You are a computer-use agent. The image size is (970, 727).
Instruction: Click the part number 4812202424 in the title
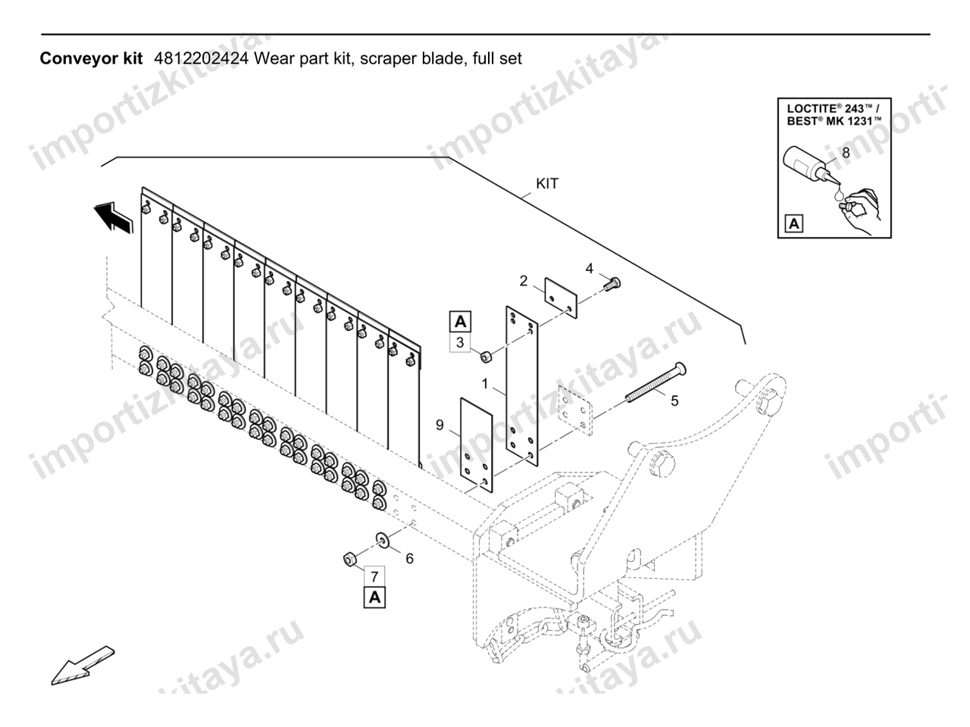201,58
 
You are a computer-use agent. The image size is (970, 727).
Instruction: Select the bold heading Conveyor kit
91,59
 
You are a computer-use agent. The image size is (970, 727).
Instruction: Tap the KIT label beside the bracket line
547,183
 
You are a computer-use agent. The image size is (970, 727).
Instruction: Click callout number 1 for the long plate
484,384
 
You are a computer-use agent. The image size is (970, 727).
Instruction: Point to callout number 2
523,281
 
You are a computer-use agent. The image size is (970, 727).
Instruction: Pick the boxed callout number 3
459,342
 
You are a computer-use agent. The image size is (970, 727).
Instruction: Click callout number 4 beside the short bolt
589,268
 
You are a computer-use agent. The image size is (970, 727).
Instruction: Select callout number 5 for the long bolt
674,401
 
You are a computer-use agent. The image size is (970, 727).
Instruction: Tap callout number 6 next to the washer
410,559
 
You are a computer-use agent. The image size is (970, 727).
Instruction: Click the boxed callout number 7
375,576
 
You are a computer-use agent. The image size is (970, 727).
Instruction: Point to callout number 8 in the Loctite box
846,153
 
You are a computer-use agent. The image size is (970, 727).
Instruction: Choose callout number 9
440,425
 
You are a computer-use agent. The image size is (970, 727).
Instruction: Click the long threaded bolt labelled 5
656,382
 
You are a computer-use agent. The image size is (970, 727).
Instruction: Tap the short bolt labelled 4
612,283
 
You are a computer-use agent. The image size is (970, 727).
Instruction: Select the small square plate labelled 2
561,298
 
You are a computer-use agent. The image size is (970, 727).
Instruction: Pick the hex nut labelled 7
349,560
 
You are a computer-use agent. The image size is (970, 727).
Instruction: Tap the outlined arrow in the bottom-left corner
83,666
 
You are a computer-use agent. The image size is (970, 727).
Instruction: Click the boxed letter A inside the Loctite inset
794,224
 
